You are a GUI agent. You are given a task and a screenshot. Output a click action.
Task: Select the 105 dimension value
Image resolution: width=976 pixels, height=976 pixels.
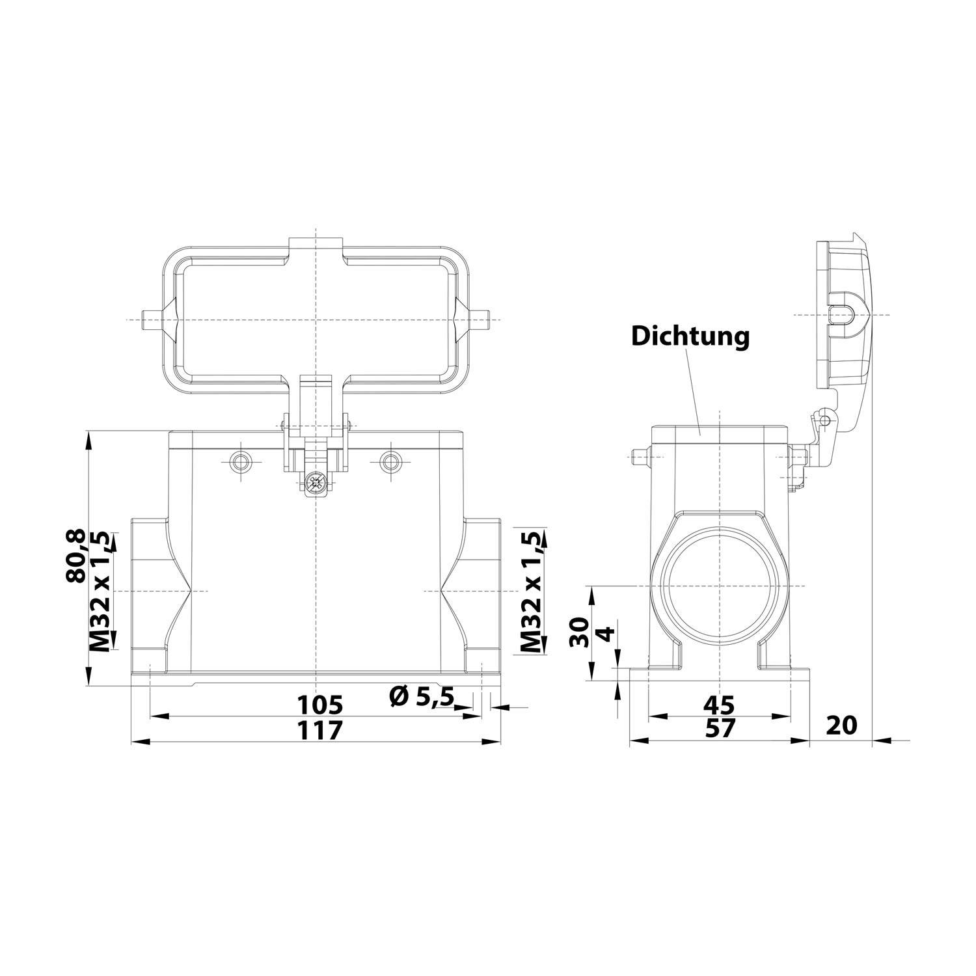click(319, 705)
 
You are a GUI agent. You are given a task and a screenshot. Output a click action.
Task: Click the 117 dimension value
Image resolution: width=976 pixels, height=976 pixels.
click(319, 730)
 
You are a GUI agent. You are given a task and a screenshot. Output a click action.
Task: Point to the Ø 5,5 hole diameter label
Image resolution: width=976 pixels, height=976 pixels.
click(421, 698)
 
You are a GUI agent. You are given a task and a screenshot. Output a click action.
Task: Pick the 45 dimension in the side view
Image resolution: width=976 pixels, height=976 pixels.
click(718, 705)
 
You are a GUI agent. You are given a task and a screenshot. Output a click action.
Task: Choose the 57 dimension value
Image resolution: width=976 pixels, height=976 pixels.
click(718, 729)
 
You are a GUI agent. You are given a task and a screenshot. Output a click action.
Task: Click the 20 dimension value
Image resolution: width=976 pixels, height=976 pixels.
click(841, 724)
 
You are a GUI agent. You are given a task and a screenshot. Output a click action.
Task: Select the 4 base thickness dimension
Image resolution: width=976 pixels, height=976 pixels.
click(604, 633)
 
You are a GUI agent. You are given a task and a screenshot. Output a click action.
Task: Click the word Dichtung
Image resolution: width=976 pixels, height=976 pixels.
click(690, 336)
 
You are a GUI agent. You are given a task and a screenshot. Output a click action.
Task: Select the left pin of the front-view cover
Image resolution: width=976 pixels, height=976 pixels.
click(151, 319)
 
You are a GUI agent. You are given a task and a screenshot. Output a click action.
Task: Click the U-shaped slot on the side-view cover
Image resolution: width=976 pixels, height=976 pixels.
click(842, 316)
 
